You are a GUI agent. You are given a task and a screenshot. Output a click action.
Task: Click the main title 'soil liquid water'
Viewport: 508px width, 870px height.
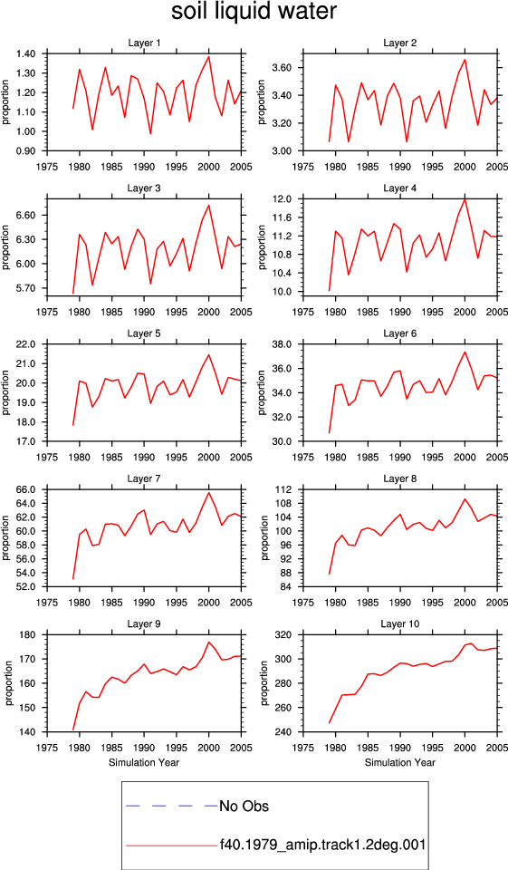point(254,12)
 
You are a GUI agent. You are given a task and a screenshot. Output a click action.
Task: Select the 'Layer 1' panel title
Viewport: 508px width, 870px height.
point(144,43)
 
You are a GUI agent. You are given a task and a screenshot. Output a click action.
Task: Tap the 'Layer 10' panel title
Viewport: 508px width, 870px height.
point(400,624)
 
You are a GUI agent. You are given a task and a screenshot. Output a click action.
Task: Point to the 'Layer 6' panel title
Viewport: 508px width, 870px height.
point(400,333)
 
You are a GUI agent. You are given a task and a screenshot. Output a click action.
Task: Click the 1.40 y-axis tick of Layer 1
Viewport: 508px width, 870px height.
point(26,53)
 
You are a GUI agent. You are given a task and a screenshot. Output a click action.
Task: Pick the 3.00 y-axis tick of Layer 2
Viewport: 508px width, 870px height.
point(283,151)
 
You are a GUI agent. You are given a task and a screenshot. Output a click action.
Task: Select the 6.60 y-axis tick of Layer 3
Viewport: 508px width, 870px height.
point(26,216)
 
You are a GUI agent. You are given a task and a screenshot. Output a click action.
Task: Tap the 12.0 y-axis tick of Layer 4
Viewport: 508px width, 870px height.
point(283,198)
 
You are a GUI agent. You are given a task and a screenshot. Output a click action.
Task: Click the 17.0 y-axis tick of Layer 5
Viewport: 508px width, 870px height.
point(26,441)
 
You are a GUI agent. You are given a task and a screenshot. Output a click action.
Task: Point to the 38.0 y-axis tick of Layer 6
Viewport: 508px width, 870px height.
point(283,344)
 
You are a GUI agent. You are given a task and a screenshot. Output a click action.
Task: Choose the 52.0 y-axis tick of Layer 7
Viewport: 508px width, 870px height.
point(26,587)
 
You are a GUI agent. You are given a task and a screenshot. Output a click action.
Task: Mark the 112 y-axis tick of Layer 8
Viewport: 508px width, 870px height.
point(284,490)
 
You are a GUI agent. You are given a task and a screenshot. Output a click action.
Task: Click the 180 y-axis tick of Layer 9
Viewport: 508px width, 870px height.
point(28,634)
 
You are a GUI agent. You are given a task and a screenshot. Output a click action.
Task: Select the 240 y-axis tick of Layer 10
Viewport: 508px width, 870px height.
point(284,732)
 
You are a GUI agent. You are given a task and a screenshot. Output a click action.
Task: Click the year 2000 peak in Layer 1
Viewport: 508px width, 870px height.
point(208,56)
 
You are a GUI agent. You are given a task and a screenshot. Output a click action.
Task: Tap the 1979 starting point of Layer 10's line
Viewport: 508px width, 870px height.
point(330,723)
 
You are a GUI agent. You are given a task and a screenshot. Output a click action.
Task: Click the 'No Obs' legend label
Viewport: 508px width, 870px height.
point(244,806)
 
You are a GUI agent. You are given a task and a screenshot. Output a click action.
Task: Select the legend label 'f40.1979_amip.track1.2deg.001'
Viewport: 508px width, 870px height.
point(322,845)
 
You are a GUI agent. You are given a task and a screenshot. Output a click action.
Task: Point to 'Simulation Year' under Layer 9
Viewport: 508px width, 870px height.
point(144,762)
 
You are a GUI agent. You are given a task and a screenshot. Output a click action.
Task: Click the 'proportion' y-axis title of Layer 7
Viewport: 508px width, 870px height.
point(6,537)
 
